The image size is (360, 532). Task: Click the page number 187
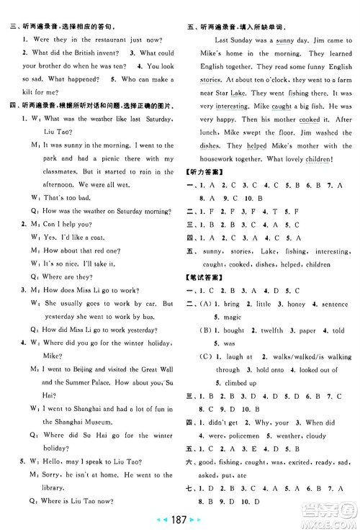(x=179, y=517)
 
